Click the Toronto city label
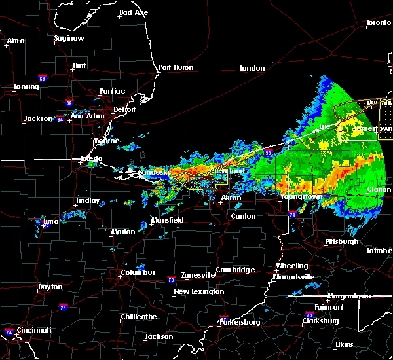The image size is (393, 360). tap(378, 23)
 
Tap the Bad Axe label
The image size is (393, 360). tap(133, 12)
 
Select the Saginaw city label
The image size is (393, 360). tap(69, 39)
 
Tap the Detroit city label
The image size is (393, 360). tap(124, 109)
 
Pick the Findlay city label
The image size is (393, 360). tap(88, 201)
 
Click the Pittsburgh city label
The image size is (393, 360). tap(342, 242)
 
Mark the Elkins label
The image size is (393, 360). tap(344, 344)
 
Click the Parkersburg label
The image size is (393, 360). tap(240, 322)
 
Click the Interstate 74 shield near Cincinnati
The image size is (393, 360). tap(9, 332)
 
